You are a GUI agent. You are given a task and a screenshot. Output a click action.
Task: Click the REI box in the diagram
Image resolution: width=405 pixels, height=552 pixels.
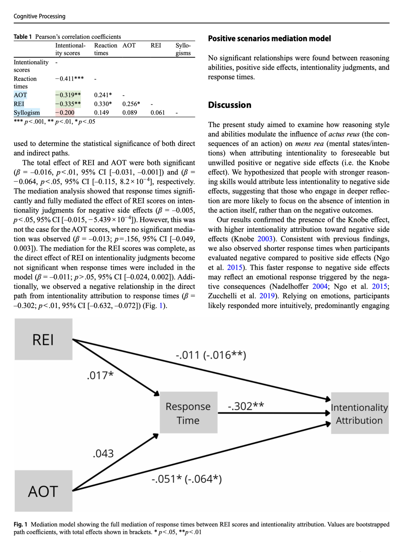coord(43,339)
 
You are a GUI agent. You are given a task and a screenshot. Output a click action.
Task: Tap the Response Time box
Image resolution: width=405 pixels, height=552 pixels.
coord(188,413)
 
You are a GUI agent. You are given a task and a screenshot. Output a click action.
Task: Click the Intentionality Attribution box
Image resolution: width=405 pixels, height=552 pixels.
coord(360,413)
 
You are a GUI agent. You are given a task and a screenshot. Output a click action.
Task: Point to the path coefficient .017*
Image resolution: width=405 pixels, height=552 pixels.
coord(100,375)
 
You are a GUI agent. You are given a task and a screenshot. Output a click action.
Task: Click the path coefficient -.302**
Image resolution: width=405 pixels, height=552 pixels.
coord(246,406)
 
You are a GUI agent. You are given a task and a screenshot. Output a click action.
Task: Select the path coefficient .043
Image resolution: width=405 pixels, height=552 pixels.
coord(103,454)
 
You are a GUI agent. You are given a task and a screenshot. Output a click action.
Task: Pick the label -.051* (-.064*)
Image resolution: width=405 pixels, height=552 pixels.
coord(186,479)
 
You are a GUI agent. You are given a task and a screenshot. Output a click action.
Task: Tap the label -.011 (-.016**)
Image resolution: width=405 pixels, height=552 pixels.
coord(211,355)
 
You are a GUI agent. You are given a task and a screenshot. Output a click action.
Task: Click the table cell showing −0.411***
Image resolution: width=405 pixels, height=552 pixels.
coord(69,79)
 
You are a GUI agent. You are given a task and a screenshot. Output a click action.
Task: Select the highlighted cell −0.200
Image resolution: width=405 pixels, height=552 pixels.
coord(65,113)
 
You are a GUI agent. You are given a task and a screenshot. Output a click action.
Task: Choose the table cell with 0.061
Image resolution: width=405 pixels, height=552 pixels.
coord(158,113)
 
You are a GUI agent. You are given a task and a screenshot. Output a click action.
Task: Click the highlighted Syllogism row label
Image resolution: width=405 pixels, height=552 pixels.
coord(27,113)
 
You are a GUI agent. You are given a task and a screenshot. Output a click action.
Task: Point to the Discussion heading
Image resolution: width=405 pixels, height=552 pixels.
coord(230,105)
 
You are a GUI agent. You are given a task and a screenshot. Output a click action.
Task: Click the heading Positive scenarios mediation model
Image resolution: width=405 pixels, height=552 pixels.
coord(269,39)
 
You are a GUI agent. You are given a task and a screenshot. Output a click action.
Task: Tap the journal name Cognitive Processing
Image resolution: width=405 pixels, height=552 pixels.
coord(39,16)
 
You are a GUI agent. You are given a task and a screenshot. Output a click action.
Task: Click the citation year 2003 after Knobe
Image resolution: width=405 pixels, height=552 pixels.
coord(265,239)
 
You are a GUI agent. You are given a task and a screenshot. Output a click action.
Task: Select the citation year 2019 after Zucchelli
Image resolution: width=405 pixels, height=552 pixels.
coord(267,296)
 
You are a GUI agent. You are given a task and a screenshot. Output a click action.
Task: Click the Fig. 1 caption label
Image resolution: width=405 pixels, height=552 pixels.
coord(20,524)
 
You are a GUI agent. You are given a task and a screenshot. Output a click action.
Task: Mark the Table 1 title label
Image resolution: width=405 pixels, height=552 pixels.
coord(23,37)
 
